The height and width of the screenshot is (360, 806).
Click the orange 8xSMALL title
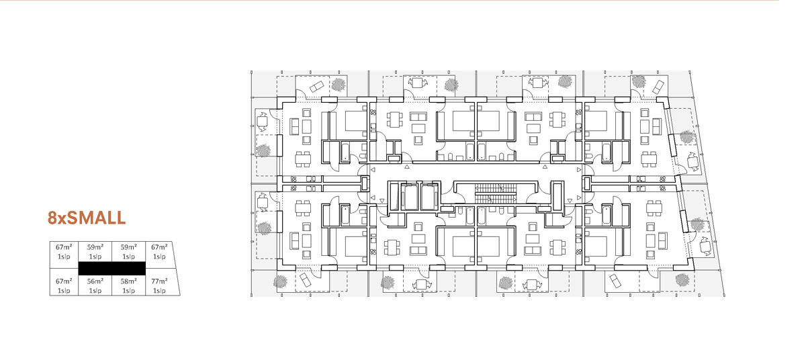coord(87,218)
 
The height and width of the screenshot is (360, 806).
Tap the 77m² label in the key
coord(159,281)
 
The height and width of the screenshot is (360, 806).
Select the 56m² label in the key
coord(95,281)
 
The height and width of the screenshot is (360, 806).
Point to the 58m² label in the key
coord(128,281)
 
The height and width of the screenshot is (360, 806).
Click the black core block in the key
coord(112,269)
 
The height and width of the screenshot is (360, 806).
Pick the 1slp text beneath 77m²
coord(159,291)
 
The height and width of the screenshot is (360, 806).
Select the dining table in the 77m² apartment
coord(654,208)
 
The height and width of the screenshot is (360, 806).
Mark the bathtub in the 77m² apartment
coord(607,215)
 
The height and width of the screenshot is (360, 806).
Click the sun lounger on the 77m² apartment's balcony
coord(615,281)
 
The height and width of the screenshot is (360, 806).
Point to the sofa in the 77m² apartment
coord(662,241)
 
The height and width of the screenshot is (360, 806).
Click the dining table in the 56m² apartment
coord(392,247)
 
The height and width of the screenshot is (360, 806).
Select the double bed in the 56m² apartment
coord(463,246)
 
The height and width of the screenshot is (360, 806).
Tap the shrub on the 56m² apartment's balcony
coord(388,283)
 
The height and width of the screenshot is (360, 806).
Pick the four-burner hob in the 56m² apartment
coord(373,252)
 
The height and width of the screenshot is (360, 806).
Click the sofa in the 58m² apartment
coord(533,251)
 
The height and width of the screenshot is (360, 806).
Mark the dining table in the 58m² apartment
coord(557,247)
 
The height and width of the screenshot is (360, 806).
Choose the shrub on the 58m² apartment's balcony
coord(506,283)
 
